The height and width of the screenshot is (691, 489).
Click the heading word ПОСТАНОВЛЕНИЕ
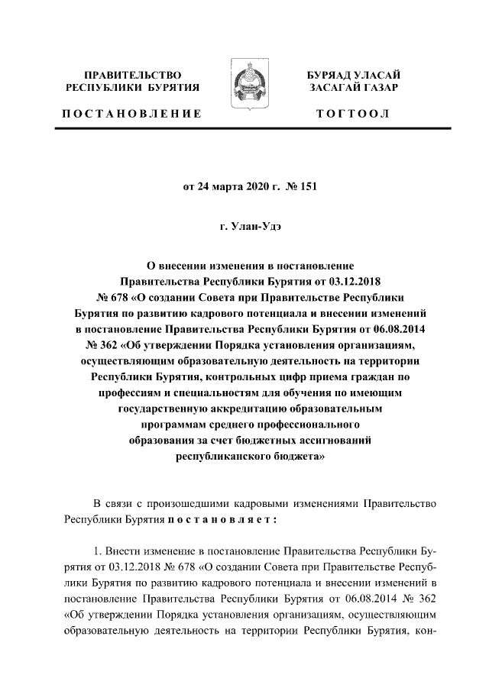[x=131, y=114]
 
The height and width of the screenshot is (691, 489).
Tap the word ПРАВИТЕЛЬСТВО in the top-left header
[x=132, y=76]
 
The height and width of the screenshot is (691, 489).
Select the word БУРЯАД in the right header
[x=329, y=76]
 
